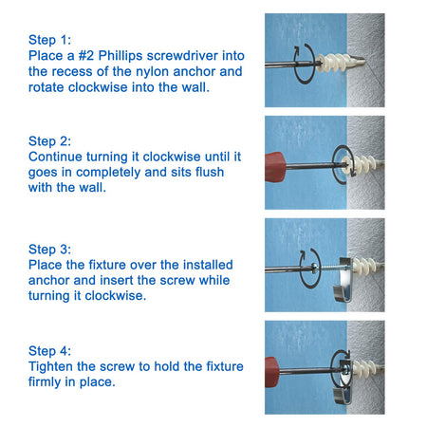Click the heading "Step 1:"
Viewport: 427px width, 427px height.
point(50,40)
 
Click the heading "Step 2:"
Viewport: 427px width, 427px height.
point(50,141)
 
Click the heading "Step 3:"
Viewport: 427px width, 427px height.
point(50,250)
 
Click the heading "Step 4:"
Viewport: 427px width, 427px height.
point(50,351)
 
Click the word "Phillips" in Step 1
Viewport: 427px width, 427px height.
point(121,56)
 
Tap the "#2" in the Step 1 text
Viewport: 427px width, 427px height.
point(86,56)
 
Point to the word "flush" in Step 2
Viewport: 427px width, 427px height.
point(210,172)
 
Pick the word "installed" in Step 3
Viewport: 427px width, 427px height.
point(208,265)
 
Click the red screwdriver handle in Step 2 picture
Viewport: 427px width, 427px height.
point(275,167)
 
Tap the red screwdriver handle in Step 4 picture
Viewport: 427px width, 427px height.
point(271,372)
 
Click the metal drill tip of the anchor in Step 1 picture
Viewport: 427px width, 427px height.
point(359,61)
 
